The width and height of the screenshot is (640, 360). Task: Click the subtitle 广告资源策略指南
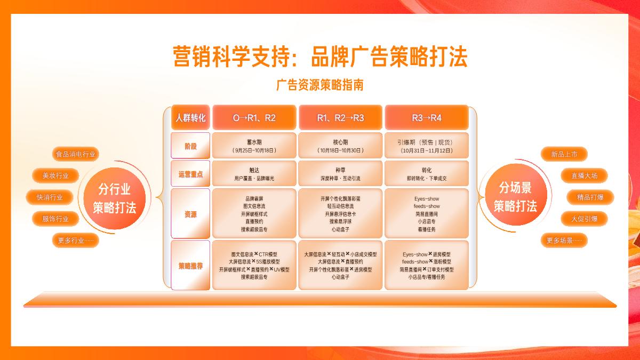[320, 85]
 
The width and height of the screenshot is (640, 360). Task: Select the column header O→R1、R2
[254, 118]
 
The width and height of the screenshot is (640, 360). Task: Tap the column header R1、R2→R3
[340, 118]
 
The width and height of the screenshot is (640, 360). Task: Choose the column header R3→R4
[426, 118]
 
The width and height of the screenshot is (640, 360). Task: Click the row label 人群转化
[190, 118]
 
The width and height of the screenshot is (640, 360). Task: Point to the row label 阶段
[190, 146]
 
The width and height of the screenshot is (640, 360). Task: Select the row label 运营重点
[190, 174]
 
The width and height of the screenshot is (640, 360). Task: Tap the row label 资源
[190, 214]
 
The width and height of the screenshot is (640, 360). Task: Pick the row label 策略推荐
[190, 266]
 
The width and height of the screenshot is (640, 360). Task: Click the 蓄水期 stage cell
[254, 146]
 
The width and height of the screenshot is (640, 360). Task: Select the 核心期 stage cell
[340, 146]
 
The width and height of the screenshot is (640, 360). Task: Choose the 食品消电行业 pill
[76, 155]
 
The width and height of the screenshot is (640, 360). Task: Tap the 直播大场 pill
[584, 175]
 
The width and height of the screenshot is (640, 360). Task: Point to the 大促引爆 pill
[584, 219]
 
